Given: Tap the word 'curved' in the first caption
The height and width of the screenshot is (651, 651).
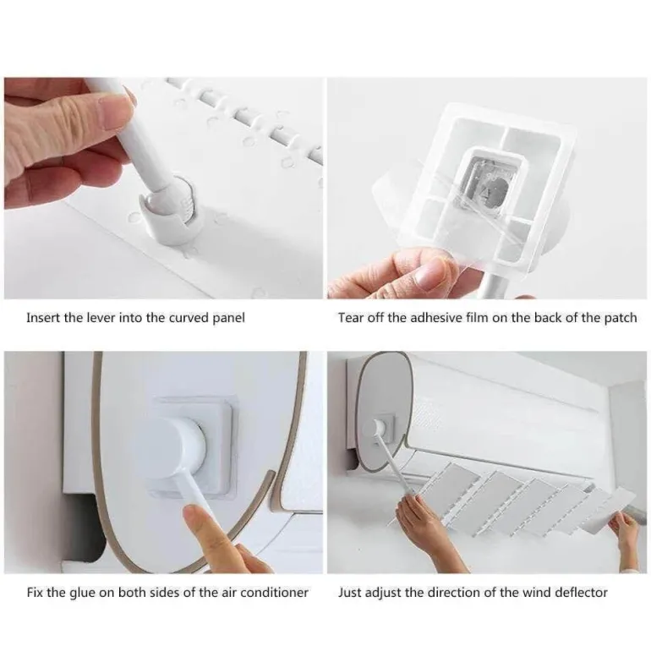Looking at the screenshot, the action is (189, 318).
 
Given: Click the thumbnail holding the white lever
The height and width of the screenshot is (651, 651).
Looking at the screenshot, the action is (163, 188).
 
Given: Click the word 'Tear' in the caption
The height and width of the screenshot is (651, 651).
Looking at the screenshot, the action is (348, 318).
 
